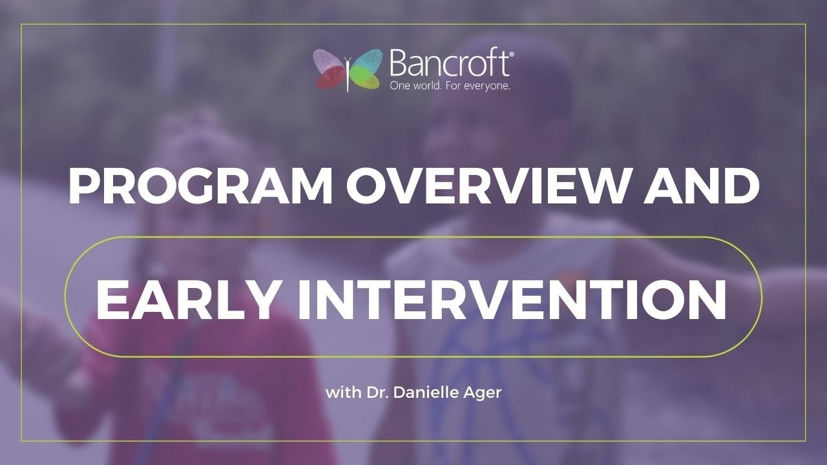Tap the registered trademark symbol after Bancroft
(512, 56)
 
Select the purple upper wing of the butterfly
(330, 61)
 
